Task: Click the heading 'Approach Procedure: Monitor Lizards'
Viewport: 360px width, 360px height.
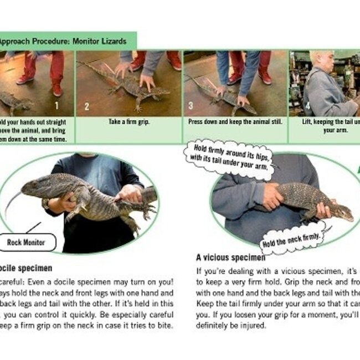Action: (63, 41)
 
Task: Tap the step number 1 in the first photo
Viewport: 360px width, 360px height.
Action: (56, 106)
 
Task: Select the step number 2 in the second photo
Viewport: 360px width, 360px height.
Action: (86, 106)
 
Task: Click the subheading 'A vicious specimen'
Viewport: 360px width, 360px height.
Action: (230, 258)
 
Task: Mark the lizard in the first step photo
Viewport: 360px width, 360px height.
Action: (14, 101)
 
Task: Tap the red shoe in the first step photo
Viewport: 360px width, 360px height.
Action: (25, 79)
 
